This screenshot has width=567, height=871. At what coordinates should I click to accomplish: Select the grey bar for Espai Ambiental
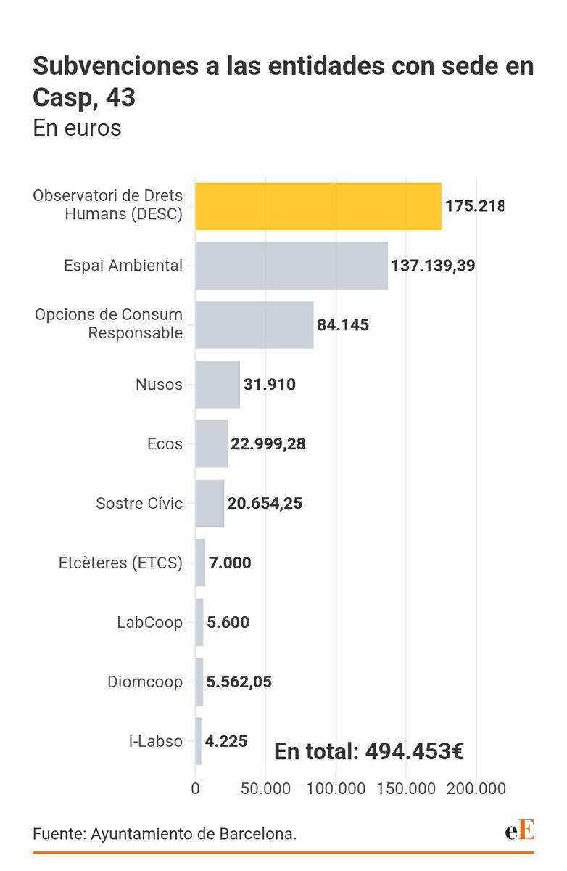pyautogui.click(x=291, y=266)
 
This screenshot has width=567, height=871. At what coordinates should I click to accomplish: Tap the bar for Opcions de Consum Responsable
pyautogui.click(x=254, y=325)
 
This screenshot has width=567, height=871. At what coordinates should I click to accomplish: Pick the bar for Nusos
pyautogui.click(x=218, y=385)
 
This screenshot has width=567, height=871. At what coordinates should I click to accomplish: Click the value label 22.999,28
pyautogui.click(x=268, y=444)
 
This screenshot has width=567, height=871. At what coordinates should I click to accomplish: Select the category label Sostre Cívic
pyautogui.click(x=139, y=504)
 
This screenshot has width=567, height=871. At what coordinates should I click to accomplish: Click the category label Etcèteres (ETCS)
pyautogui.click(x=120, y=563)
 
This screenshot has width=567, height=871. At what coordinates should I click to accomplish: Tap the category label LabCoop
pyautogui.click(x=149, y=623)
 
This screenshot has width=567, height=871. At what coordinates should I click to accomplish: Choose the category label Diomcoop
pyautogui.click(x=145, y=682)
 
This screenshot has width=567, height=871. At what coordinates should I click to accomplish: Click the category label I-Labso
pyautogui.click(x=154, y=742)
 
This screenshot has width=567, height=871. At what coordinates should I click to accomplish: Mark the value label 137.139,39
pyautogui.click(x=433, y=266)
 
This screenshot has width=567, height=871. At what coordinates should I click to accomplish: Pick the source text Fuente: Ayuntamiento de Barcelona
pyautogui.click(x=165, y=835)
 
